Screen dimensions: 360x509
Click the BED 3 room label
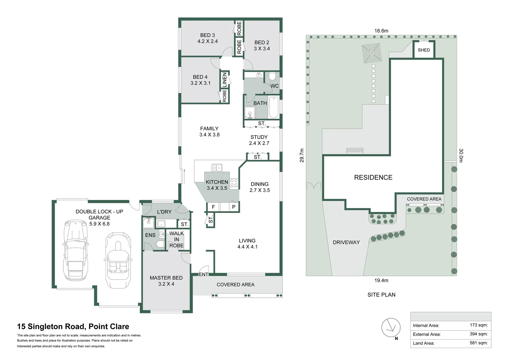207,38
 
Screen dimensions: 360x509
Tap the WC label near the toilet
274,86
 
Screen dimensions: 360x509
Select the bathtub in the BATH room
273,107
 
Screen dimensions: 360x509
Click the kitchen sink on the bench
217,168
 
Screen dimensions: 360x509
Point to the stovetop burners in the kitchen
234,182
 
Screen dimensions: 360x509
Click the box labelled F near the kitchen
213,207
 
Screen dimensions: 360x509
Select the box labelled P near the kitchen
234,207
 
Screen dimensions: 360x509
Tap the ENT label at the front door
203,274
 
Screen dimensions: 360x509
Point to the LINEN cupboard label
225,80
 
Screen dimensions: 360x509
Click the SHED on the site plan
424,50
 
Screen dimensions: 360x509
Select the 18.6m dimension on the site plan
381,31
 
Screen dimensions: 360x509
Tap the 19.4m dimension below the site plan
381,280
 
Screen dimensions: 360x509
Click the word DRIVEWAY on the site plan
346,242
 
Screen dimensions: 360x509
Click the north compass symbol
391,328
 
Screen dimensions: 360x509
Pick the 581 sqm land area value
478,343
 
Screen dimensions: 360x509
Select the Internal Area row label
426,325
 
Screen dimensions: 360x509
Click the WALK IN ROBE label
177,239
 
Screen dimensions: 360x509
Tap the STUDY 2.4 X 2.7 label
259,140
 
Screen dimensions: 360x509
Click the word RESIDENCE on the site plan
373,177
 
